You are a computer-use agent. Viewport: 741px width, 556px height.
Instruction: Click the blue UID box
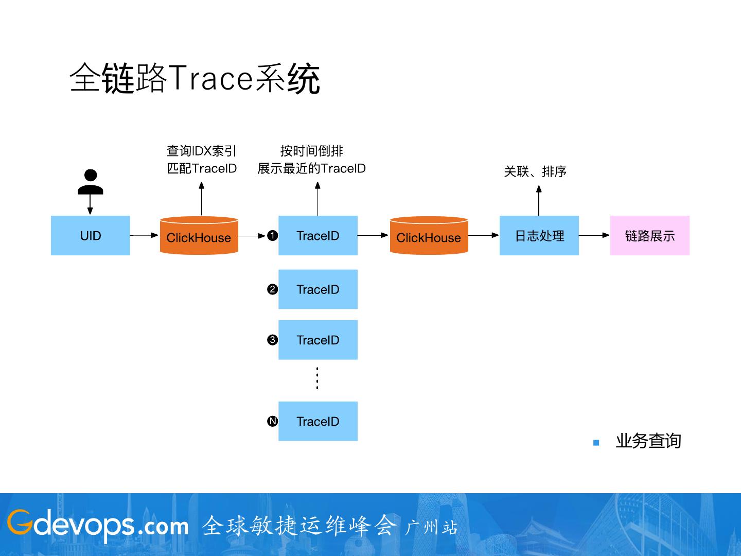pos(91,236)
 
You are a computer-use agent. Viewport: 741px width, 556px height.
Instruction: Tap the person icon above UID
pos(91,182)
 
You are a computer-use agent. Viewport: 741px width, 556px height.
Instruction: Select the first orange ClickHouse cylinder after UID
pos(199,236)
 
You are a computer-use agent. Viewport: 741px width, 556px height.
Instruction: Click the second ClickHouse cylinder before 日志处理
pos(429,236)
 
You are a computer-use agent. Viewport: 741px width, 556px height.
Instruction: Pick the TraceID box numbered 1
pos(318,236)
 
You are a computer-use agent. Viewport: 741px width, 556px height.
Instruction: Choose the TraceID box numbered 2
pos(318,289)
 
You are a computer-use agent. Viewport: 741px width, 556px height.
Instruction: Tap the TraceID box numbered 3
pos(318,340)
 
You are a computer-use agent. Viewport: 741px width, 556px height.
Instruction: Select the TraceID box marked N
pos(318,421)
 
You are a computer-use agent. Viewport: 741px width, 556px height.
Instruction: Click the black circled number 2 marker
pos(273,289)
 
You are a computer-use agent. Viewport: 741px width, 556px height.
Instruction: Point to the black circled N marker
pos(273,421)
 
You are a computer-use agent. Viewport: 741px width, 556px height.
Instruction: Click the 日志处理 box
pos(539,236)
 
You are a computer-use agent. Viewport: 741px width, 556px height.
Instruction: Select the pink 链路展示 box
pos(649,236)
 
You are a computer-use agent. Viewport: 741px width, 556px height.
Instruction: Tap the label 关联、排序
pos(535,171)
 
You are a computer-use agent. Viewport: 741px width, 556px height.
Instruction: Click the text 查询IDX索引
pos(202,151)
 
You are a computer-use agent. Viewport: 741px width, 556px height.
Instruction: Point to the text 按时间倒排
pos(312,151)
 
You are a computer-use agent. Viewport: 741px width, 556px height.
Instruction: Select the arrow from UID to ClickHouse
pos(144,235)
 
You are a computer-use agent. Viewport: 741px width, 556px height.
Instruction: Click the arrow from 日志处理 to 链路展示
pos(594,235)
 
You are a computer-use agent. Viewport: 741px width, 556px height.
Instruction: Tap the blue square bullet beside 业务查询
pos(596,442)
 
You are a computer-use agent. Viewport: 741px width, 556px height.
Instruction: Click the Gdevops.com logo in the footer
pos(98,525)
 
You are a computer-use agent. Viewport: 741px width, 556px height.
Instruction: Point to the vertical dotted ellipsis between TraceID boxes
pos(317,378)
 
